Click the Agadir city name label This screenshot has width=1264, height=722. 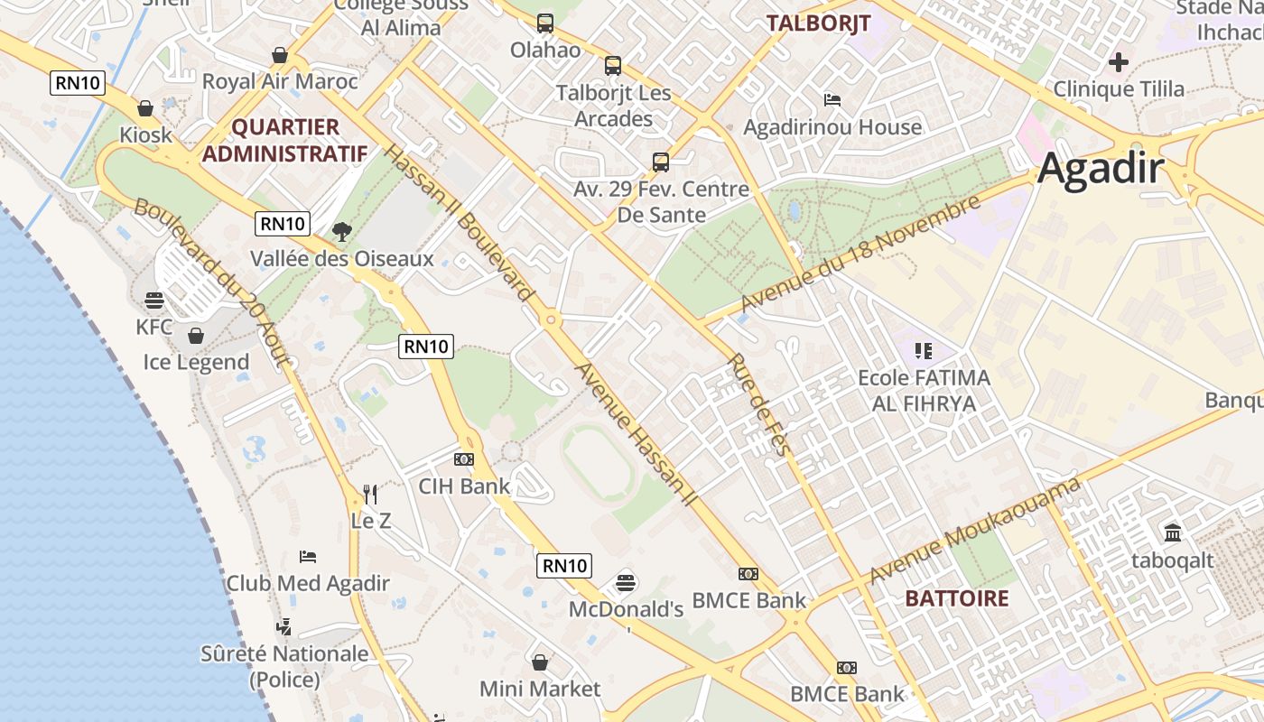tap(1101, 169)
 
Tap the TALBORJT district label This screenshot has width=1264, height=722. tap(818, 23)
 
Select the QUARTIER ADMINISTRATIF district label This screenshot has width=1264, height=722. tap(284, 140)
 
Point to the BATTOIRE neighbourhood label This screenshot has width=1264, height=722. tap(956, 598)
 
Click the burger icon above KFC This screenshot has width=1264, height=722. tap(154, 300)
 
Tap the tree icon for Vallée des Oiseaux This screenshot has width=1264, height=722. tap(341, 232)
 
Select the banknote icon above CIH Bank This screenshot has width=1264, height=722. tap(464, 459)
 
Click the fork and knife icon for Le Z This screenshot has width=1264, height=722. tap(370, 494)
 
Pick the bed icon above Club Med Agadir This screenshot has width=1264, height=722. tap(308, 556)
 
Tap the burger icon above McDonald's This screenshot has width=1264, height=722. tap(625, 582)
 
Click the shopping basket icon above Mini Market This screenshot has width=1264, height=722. tap(540, 662)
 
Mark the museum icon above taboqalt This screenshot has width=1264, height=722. tap(1173, 533)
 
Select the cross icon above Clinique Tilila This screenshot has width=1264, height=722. tap(1119, 62)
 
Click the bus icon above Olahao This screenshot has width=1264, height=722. tap(545, 23)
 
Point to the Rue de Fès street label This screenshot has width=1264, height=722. tap(759, 404)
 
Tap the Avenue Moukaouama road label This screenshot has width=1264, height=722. tap(975, 531)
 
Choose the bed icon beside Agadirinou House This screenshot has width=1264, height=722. tap(832, 99)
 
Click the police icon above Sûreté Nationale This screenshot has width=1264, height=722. tap(283, 625)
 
